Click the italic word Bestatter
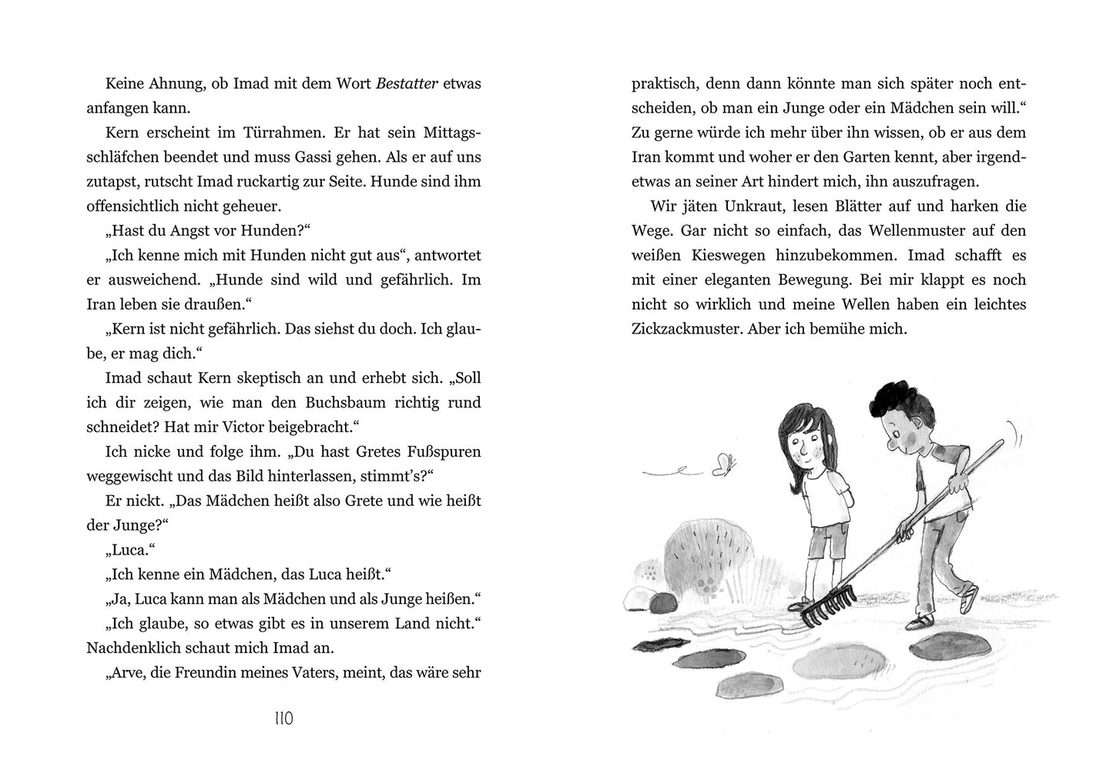point(407,83)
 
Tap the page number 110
point(283,719)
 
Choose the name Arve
point(130,672)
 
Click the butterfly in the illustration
point(724,464)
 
